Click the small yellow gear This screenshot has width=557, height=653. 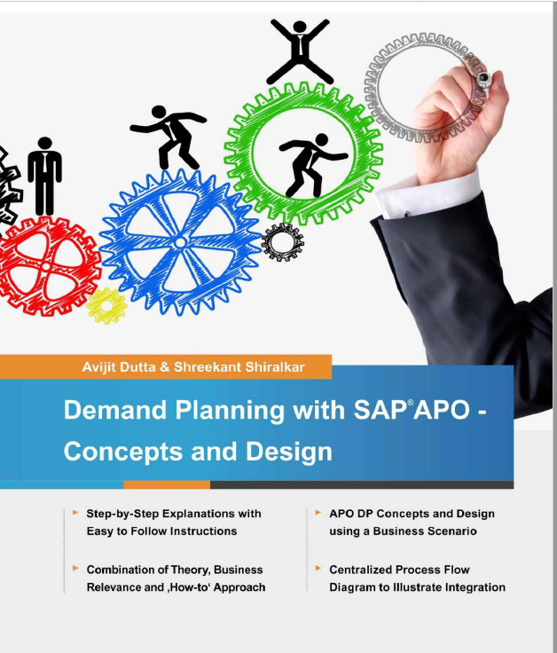pos(107,306)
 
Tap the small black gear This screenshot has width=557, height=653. pos(283,241)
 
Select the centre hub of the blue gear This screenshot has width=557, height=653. pos(180,241)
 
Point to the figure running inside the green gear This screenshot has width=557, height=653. pos(310,165)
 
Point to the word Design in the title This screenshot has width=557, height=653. pos(289,451)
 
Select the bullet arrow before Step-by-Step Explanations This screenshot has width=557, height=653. pos(76,513)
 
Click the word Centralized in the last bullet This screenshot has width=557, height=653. pos(364,570)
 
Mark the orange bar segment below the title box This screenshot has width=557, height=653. pos(167,484)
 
